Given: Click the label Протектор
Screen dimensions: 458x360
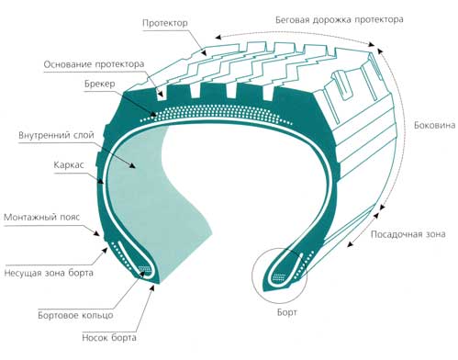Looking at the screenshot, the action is click(x=165, y=23).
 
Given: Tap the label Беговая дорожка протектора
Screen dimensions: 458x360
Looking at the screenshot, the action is click(x=340, y=20).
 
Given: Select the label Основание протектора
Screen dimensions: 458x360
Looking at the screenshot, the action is click(x=94, y=64).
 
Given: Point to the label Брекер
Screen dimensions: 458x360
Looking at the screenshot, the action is click(x=100, y=84).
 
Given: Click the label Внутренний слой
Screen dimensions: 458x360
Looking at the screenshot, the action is click(x=56, y=135).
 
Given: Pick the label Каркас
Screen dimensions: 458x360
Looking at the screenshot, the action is click(x=69, y=165).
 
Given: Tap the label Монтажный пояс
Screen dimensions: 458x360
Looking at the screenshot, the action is click(x=42, y=218).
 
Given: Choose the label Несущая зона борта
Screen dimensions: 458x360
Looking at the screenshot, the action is click(x=49, y=273).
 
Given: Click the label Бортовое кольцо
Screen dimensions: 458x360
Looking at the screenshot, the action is click(x=75, y=315).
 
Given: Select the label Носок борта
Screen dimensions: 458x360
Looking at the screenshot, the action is click(x=109, y=338).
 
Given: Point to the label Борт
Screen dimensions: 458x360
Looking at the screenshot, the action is click(x=287, y=312).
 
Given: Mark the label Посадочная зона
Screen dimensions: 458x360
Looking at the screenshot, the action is click(x=408, y=234).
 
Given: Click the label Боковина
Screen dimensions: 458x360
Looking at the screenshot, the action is click(x=434, y=125).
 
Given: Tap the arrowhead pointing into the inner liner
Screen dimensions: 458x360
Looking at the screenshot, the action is click(x=132, y=165).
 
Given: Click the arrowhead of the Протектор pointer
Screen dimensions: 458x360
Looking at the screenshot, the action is click(x=204, y=52).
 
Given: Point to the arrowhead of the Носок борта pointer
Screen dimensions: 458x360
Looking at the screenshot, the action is click(x=152, y=287).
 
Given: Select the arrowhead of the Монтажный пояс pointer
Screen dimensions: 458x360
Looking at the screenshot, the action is click(x=96, y=233).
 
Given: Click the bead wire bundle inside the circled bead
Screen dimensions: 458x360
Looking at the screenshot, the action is click(x=279, y=277).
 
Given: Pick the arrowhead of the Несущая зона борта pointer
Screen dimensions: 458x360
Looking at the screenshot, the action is click(x=105, y=251).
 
